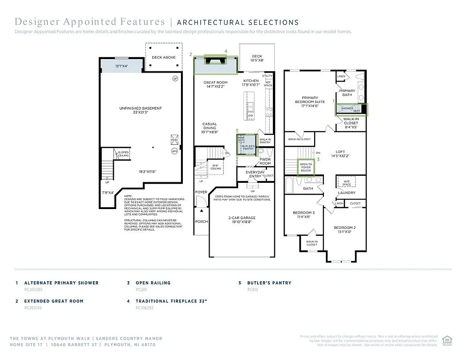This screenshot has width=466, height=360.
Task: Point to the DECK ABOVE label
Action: tap(163, 57)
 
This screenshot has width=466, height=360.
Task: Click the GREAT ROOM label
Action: tap(215, 82)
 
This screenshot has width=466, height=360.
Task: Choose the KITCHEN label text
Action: tap(250, 81)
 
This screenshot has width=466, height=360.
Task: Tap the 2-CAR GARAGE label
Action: tap(241, 218)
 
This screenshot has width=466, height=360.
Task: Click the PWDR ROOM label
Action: tap(265, 161)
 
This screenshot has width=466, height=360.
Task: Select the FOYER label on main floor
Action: tap(201, 192)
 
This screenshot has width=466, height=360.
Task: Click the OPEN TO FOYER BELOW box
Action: tap(306, 167)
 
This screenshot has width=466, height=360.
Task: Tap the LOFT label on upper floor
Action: tap(340, 152)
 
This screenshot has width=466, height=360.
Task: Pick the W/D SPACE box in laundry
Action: tap(346, 182)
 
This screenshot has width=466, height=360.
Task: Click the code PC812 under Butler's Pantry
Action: tap(253, 290)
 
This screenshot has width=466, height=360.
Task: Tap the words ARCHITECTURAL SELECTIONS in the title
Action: tap(238, 22)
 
